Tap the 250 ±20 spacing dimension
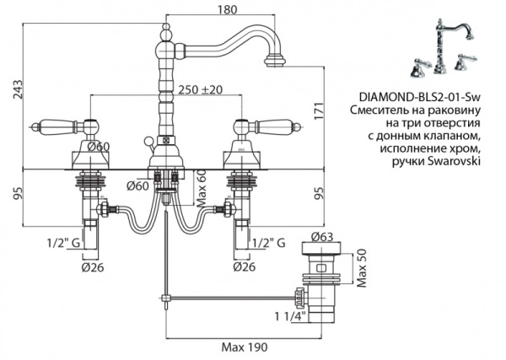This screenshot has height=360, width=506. pyautogui.click(x=200, y=89)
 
